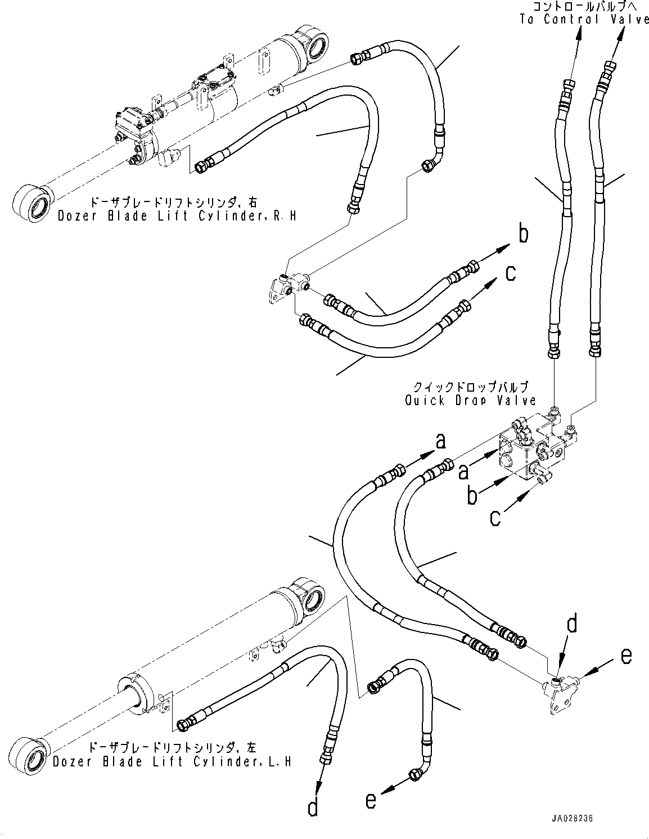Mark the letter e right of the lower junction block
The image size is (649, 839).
coord(626,656)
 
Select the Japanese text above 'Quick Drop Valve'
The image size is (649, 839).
coord(470,388)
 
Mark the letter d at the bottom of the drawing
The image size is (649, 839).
coord(313,809)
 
